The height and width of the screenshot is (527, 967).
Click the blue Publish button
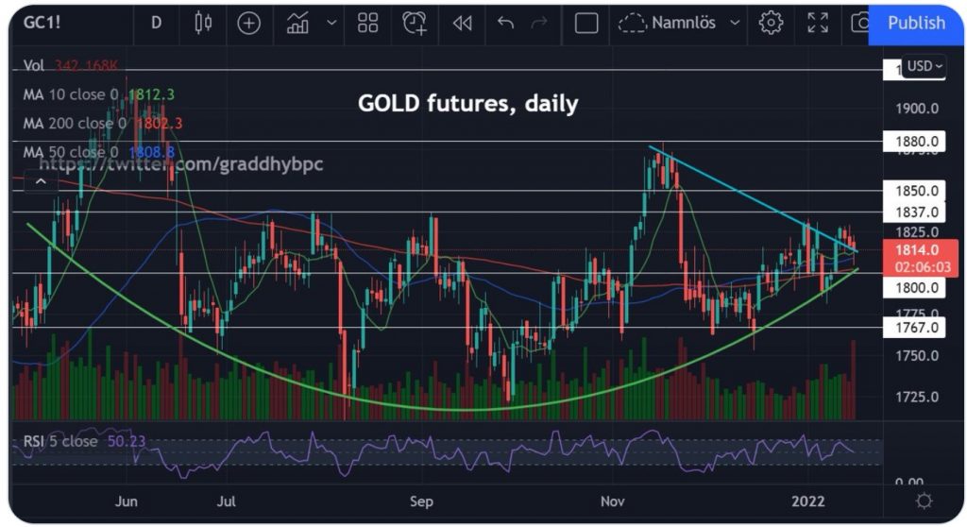tap(915, 23)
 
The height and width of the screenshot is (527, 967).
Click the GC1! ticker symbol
tap(42, 23)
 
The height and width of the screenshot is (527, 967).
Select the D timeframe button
tap(156, 23)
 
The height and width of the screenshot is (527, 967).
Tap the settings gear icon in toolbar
tap(772, 23)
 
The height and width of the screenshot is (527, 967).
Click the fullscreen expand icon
tap(818, 23)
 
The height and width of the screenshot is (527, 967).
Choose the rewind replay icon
tap(462, 23)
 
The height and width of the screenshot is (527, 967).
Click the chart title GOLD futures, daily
tap(467, 103)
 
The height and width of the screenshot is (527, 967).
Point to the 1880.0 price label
tap(915, 142)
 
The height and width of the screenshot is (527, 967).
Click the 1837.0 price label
tap(915, 212)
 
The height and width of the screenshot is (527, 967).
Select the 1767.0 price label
tap(915, 328)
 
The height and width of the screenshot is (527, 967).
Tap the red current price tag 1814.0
tap(915, 249)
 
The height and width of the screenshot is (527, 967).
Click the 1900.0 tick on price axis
tap(915, 109)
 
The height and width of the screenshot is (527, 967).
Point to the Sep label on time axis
tap(422, 501)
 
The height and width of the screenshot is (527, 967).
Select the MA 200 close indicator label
tap(74, 123)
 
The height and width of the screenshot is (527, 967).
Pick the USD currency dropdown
tap(923, 66)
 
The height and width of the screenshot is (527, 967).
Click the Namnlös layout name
tap(683, 23)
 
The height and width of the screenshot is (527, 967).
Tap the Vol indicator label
tap(35, 65)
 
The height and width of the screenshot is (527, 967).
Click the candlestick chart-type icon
tap(203, 23)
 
